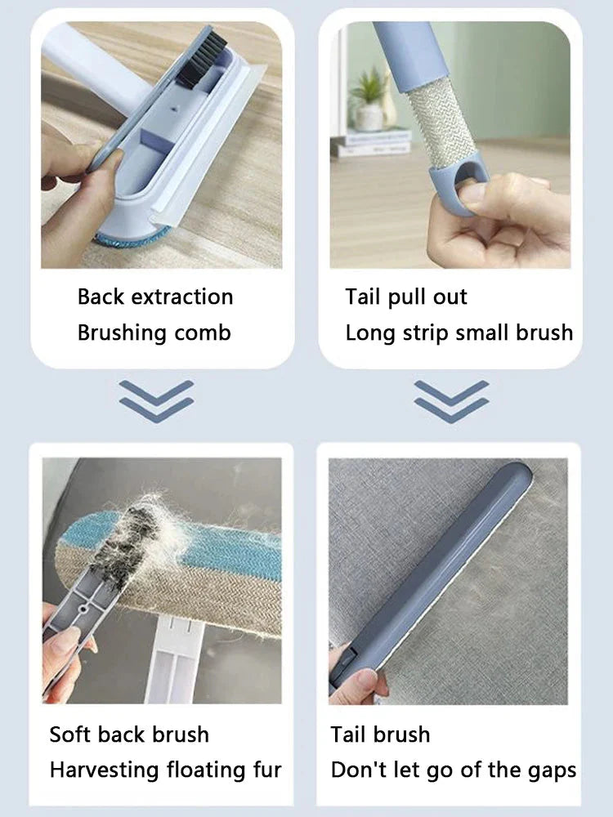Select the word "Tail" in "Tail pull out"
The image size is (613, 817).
click(x=363, y=297)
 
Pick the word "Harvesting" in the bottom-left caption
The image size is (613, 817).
click(x=104, y=770)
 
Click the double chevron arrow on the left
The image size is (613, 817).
click(x=156, y=400)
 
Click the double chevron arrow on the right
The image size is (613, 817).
click(x=451, y=400)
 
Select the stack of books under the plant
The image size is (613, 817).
click(x=372, y=143)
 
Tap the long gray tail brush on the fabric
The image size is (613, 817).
click(x=441, y=572)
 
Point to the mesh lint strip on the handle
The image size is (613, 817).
click(x=441, y=123)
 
